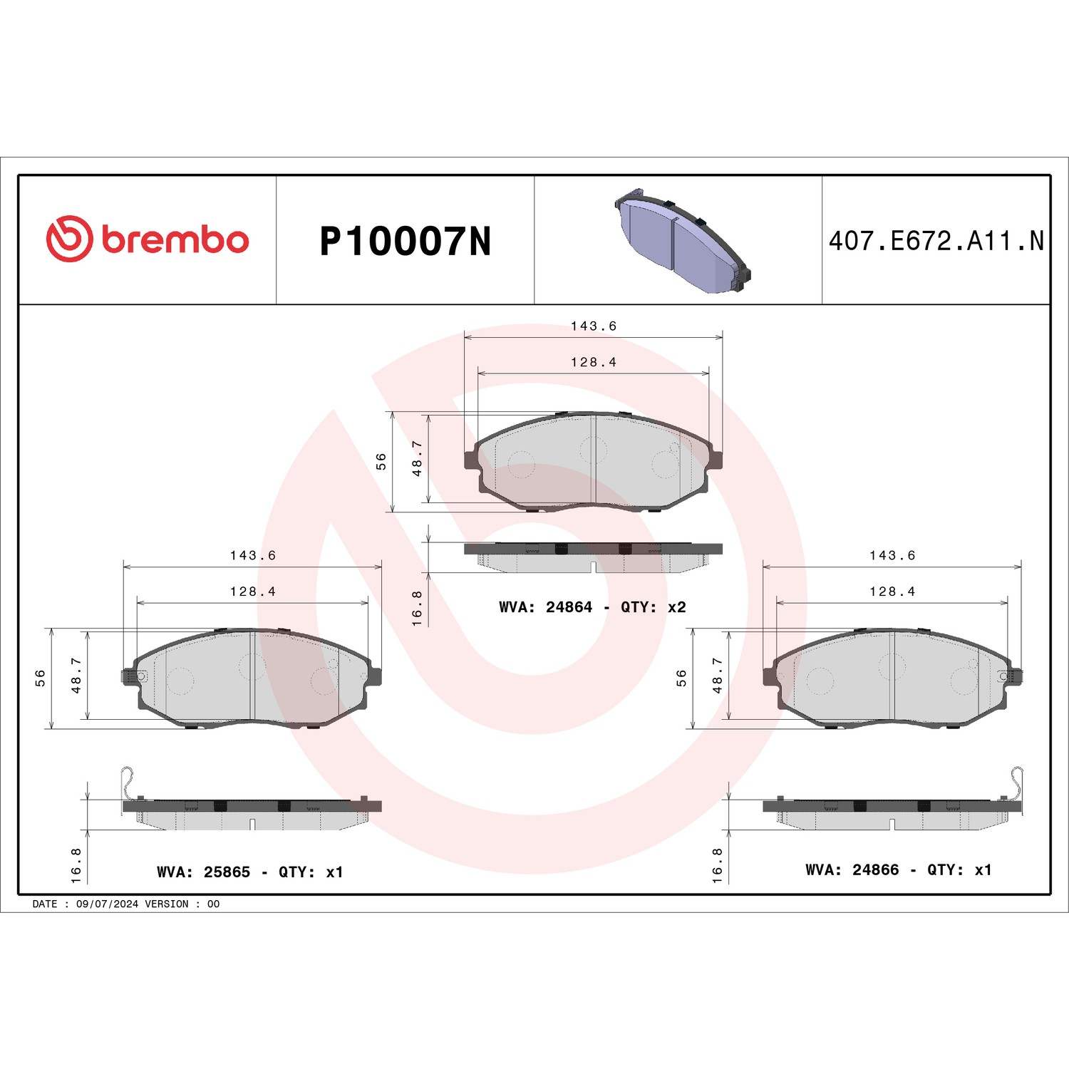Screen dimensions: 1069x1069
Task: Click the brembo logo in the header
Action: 148,239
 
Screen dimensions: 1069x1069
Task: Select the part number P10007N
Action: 405,242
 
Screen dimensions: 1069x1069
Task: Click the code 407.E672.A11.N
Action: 936,242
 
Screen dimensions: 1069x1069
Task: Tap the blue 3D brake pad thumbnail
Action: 682,240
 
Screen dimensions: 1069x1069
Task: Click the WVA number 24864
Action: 569,607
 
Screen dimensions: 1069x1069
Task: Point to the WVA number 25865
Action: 227,872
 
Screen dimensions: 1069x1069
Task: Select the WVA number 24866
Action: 875,869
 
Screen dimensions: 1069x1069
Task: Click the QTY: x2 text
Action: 653,607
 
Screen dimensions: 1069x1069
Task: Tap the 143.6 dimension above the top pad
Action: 593,326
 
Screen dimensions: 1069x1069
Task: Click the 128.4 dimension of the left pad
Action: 252,592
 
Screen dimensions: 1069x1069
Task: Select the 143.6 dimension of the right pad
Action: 892,555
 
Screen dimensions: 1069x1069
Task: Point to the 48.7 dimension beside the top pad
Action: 418,458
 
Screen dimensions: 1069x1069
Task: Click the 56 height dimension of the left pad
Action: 41,678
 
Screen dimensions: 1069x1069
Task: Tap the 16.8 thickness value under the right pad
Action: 717,865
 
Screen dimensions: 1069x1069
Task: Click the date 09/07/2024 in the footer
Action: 107,904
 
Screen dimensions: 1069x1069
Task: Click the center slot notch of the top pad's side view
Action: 593,567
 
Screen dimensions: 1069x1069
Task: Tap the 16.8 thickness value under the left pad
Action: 76,865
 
